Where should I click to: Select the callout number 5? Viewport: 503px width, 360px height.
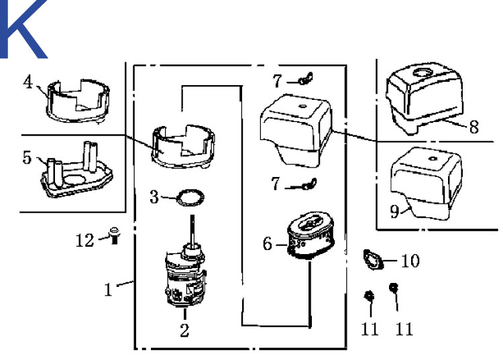click(x=27, y=158)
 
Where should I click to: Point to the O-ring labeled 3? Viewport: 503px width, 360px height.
click(x=190, y=198)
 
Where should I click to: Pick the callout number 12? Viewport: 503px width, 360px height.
click(x=85, y=239)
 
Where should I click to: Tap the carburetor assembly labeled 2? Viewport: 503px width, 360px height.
click(x=184, y=278)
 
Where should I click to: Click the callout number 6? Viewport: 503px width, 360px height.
click(x=267, y=245)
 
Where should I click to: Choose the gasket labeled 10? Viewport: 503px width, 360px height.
click(x=372, y=258)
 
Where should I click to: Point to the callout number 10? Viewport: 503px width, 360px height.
click(x=410, y=260)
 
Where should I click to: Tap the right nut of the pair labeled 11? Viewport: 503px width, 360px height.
click(x=394, y=288)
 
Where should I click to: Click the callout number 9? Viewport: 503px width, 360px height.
click(x=395, y=211)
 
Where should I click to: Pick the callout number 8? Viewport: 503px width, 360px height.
click(x=473, y=127)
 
